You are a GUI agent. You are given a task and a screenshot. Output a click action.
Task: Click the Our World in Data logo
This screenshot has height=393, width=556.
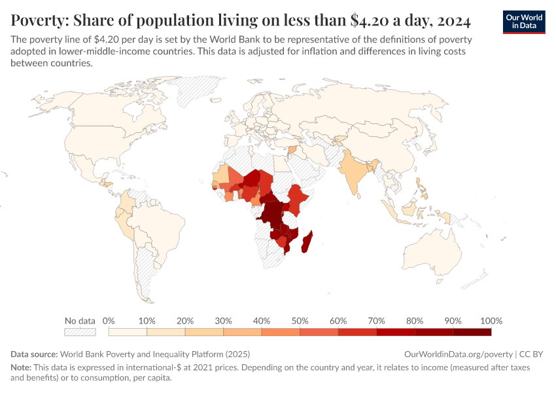(524, 22)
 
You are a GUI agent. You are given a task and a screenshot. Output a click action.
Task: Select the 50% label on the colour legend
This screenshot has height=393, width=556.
(300, 321)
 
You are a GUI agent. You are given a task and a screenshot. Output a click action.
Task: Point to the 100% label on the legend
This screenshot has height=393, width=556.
(491, 321)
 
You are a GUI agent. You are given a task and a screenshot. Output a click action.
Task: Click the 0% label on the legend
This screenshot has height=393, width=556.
(109, 321)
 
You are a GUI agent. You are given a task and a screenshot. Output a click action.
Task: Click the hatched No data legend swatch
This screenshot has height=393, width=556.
(80, 333)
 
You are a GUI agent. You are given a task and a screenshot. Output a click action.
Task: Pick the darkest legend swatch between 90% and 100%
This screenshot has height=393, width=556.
(472, 333)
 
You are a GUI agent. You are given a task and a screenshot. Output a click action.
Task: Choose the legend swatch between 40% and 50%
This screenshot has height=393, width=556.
(281, 333)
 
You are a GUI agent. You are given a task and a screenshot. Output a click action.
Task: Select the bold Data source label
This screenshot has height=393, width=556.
(34, 354)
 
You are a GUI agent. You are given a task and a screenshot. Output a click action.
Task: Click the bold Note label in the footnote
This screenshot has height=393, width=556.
(21, 367)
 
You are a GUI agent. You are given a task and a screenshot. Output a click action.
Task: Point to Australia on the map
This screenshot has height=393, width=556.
(435, 249)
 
